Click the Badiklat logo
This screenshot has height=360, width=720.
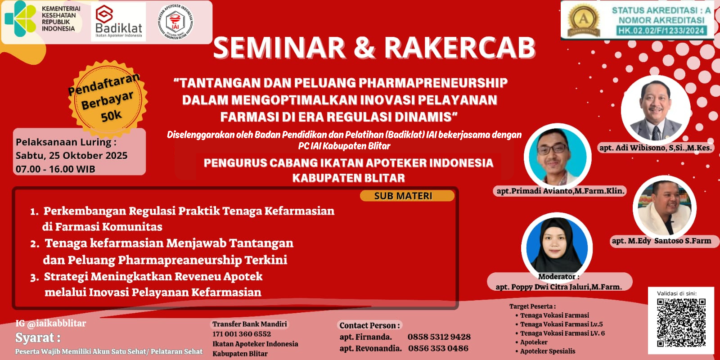pyautogui.click(x=118, y=22)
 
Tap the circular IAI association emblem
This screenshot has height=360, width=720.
pyautogui.click(x=175, y=22)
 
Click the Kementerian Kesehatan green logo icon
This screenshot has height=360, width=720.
pyautogui.click(x=20, y=18)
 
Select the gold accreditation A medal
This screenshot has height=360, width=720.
pyautogui.click(x=584, y=20)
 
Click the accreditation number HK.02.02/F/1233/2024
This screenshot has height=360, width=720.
pyautogui.click(x=661, y=31)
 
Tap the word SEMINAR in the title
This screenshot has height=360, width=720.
pyautogui.click(x=279, y=48)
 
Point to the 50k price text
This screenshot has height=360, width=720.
pyautogui.click(x=111, y=116)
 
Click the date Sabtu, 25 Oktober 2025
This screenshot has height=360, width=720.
pyautogui.click(x=72, y=156)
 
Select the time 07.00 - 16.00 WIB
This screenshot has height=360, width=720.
pyautogui.click(x=55, y=169)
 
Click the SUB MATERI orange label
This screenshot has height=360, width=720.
pyautogui.click(x=403, y=196)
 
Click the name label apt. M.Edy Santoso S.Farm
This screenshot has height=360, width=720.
pyautogui.click(x=661, y=241)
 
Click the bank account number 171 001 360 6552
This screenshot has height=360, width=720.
pyautogui.click(x=242, y=334)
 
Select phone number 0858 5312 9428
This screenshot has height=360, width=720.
pyautogui.click(x=439, y=337)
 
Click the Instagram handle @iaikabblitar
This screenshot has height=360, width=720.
pyautogui.click(x=51, y=323)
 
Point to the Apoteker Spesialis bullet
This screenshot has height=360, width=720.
pyautogui.click(x=547, y=351)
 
